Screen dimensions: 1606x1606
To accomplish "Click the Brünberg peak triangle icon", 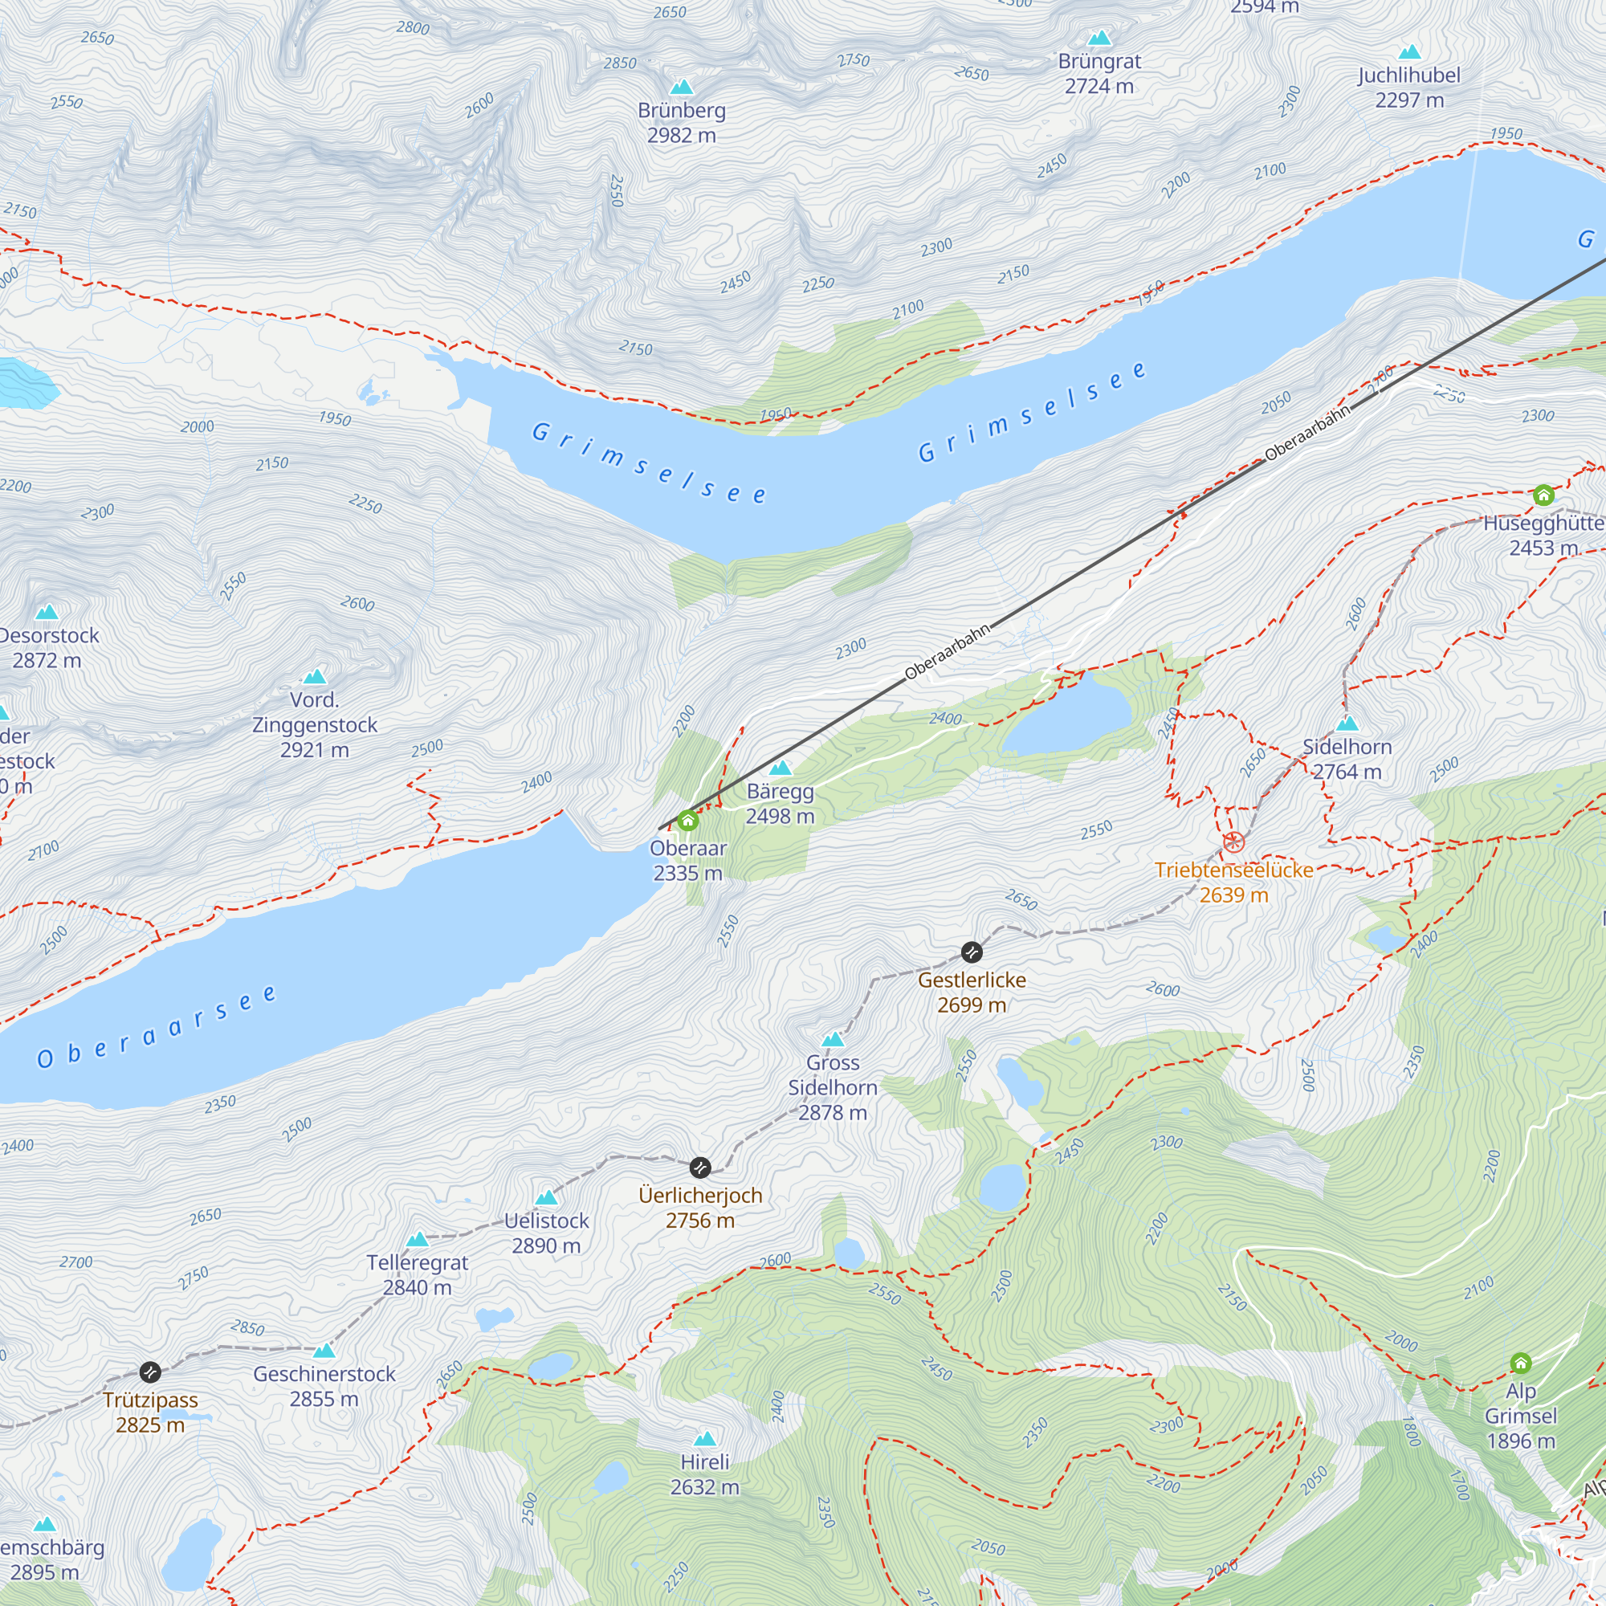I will click(682, 88).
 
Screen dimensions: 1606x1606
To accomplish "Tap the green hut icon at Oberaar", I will click(687, 821).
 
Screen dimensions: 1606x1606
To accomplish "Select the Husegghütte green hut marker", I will click(1543, 495).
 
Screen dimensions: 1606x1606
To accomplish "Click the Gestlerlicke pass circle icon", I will click(971, 952).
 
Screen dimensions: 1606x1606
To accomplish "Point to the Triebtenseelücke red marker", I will click(1233, 842).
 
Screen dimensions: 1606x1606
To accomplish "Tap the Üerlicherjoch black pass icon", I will click(701, 1167).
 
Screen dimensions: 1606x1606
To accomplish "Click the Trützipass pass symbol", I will click(149, 1372).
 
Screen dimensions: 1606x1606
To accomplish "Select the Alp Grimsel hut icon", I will click(1520, 1363).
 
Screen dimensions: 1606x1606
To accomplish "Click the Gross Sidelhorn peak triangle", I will click(833, 1039).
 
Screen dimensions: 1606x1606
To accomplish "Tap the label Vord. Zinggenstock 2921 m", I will click(314, 725).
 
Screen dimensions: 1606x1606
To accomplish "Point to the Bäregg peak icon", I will click(780, 768).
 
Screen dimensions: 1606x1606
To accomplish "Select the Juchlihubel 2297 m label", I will click(1409, 88).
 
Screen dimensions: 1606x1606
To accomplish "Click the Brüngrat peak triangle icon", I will click(1099, 39).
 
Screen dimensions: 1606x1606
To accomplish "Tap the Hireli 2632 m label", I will click(704, 1474).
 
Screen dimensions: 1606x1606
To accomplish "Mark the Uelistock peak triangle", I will click(546, 1198).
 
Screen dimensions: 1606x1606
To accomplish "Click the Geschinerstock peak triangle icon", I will click(324, 1351).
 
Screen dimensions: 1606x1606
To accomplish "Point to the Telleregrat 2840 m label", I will click(418, 1274).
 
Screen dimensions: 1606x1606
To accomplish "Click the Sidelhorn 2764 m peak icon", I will click(1347, 724).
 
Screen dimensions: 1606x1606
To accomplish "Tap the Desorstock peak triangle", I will click(47, 613).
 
